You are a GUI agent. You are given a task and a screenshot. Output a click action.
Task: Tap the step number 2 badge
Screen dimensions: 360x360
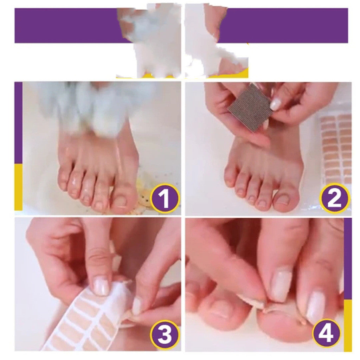334,198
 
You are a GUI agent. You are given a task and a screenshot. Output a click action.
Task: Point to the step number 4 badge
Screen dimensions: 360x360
326,333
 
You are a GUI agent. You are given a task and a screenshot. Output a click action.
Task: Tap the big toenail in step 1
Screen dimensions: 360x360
120,201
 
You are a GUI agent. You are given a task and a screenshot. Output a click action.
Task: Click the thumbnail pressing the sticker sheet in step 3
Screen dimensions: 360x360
101,287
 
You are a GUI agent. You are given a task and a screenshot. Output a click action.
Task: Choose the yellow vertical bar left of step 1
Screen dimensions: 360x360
18,187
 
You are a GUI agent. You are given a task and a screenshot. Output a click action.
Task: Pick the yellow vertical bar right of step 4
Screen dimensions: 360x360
348,325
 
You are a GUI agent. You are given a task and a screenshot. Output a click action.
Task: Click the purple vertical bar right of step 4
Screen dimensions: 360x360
348,259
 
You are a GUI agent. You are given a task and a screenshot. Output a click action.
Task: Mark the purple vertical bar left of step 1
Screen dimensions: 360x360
18,123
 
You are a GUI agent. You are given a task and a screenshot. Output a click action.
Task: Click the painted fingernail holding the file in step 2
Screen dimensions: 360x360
276,104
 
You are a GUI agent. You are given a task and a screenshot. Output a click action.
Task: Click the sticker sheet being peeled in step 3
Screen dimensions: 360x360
87,321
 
